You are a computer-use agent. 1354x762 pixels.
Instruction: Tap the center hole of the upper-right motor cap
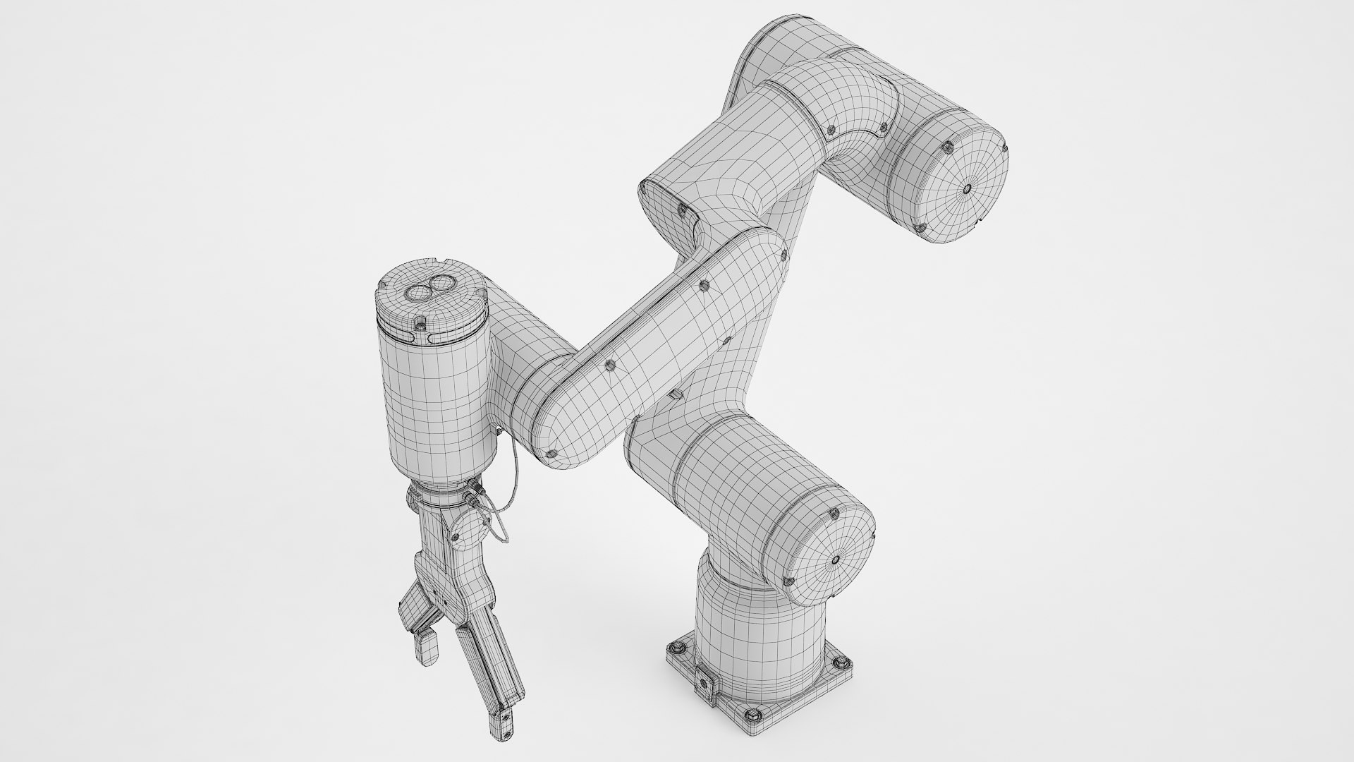pos(965,188)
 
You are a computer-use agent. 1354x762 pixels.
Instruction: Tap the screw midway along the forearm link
pos(610,365)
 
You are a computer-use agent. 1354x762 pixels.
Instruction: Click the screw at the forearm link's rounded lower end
pos(551,454)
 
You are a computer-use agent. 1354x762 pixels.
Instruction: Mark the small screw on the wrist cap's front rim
pos(420,323)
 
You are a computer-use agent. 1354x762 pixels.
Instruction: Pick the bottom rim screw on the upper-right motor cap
pos(920,226)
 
